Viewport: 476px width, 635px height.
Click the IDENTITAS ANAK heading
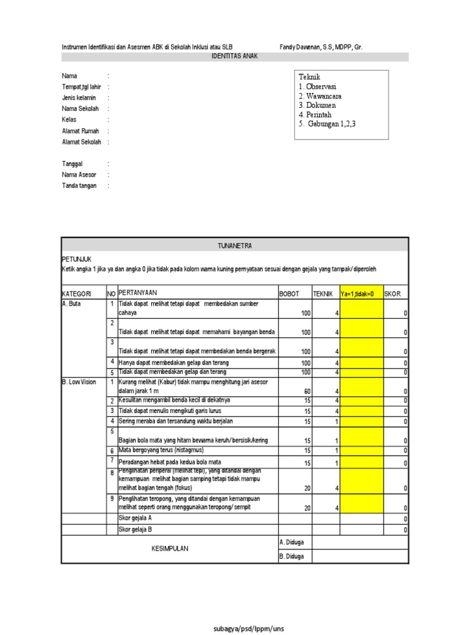click(x=235, y=56)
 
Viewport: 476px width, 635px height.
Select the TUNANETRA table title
click(x=235, y=246)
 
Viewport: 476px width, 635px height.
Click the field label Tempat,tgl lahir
click(x=81, y=87)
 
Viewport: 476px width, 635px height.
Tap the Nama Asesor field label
click(x=79, y=175)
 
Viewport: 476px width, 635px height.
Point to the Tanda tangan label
click(x=79, y=186)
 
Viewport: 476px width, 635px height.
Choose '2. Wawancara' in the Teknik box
click(x=320, y=96)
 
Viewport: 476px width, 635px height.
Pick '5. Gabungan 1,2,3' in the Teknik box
click(x=327, y=124)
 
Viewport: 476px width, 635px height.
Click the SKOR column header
click(x=393, y=293)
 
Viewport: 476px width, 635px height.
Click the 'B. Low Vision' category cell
click(x=79, y=382)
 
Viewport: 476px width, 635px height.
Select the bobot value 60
click(x=306, y=391)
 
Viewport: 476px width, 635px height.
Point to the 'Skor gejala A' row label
click(x=135, y=518)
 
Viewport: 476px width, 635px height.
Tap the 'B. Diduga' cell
click(x=292, y=556)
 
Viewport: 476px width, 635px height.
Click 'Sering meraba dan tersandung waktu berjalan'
click(x=176, y=421)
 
